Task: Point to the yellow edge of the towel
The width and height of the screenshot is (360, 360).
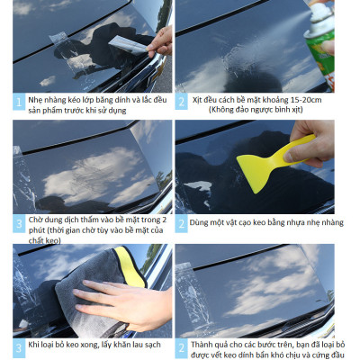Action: tap(130, 266)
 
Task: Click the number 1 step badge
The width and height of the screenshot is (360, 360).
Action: tap(19, 103)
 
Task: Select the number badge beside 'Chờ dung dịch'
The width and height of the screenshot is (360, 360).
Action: tap(19, 224)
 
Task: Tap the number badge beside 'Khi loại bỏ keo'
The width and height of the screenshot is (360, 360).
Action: tap(19, 347)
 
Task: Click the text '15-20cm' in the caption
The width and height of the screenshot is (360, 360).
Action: tap(306, 100)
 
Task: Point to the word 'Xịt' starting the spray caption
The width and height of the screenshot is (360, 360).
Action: tap(197, 100)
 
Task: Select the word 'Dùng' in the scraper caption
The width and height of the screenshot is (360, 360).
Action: tap(198, 223)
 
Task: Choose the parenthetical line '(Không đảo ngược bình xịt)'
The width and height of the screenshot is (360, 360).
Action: tap(256, 110)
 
